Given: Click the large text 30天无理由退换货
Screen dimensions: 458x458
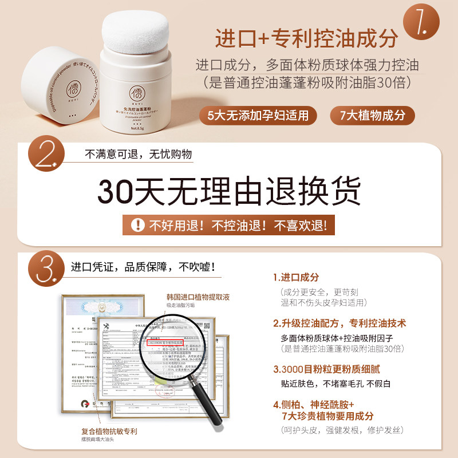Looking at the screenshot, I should pyautogui.click(x=230, y=191).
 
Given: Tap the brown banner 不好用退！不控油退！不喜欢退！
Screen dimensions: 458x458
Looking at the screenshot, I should pyautogui.click(x=230, y=225).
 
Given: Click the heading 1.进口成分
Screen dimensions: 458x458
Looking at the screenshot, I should pyautogui.click(x=295, y=277).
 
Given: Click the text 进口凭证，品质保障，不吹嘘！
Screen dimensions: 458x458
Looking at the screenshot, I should pyautogui.click(x=143, y=267).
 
